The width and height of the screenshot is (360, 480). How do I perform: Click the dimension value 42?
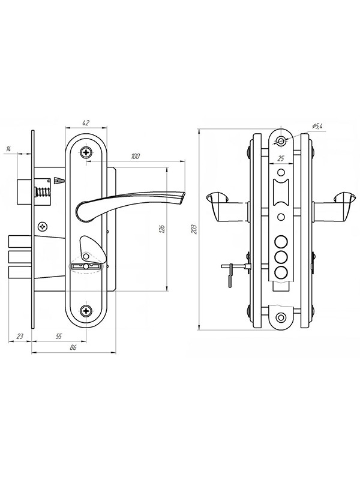click(x=86, y=123)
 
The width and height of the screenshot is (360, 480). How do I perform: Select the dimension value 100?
click(x=135, y=157)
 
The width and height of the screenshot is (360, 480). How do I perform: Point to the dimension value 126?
click(x=162, y=229)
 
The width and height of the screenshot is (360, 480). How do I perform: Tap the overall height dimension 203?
click(x=194, y=229)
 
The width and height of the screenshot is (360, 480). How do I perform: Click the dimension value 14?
click(x=8, y=149)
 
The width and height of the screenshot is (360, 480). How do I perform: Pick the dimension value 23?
click(x=20, y=337)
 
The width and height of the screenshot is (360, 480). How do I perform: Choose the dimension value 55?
click(x=59, y=337)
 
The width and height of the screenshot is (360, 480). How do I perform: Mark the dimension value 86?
click(x=73, y=347)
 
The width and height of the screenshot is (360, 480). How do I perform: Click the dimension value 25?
click(x=281, y=158)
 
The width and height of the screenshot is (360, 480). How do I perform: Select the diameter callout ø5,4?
click(x=317, y=126)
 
